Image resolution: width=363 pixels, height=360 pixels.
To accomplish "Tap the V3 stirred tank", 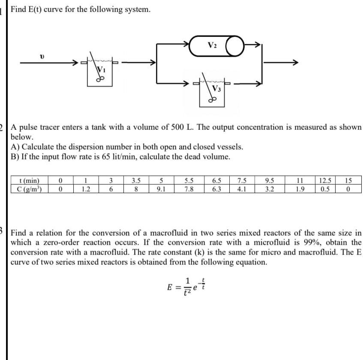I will coord(213,91).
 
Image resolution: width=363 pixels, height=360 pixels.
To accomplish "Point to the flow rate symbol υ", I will coord(42,56).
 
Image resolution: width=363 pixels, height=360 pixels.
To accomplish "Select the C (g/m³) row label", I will coord(30,188).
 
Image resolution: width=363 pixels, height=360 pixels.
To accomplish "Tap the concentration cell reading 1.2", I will coord(86,188).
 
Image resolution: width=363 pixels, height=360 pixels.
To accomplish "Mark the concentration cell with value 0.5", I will coord(324,188).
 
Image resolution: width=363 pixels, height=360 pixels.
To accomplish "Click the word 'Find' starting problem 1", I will coord(19,9).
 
